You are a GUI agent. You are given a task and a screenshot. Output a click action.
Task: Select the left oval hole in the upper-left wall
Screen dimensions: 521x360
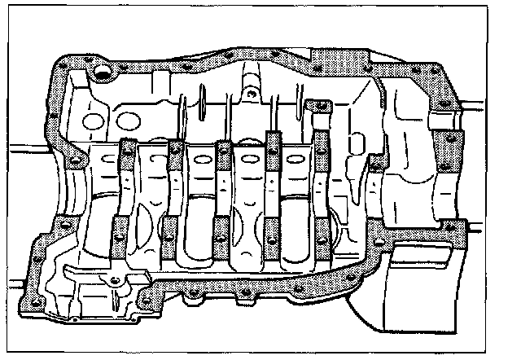tap(92, 125)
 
